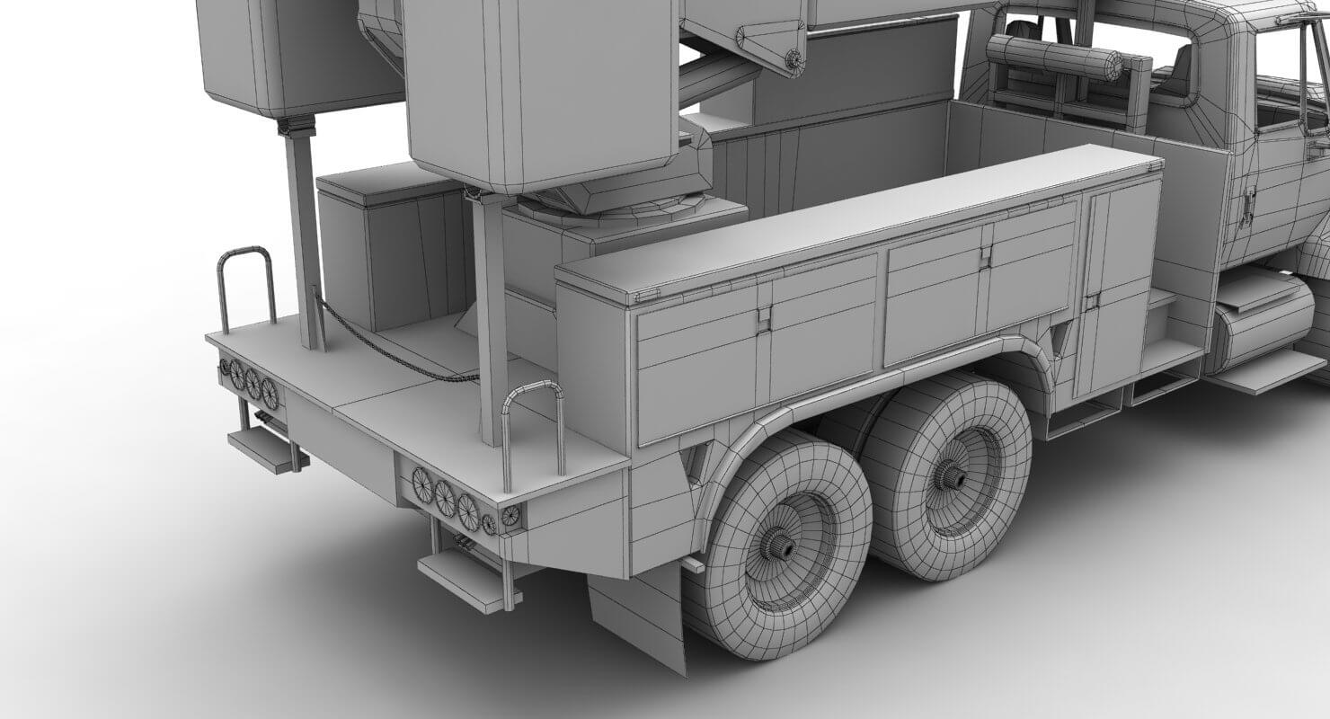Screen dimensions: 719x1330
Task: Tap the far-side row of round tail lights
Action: [247, 380]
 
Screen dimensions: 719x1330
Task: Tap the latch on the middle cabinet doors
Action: [986, 257]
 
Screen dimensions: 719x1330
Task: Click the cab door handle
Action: [1247, 207]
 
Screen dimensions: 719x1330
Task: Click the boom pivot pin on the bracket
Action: [793, 58]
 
